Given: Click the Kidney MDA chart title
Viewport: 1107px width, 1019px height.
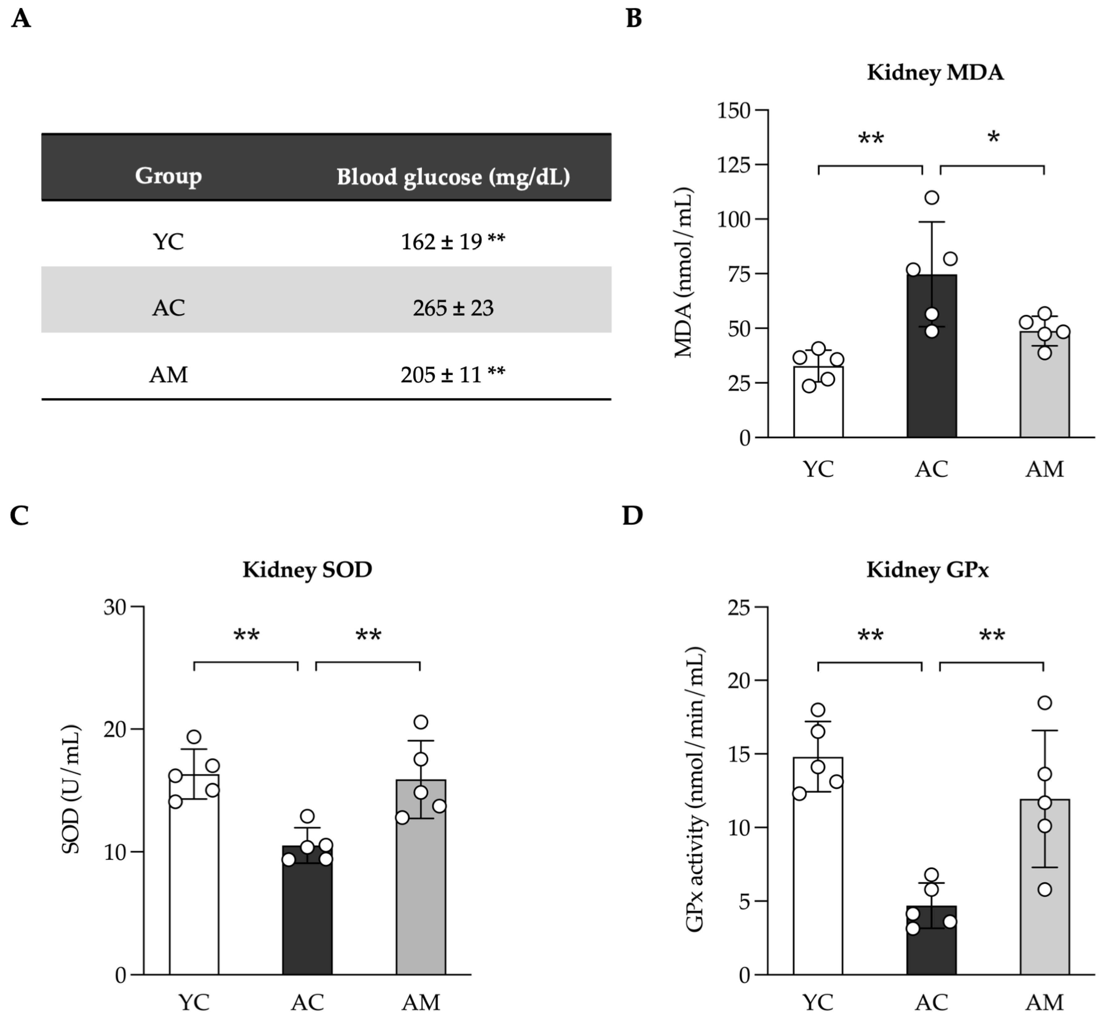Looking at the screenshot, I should click(935, 73).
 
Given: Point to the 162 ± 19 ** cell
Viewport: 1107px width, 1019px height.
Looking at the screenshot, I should click(452, 242).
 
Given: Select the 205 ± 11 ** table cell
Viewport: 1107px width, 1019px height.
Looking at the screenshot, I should click(452, 375).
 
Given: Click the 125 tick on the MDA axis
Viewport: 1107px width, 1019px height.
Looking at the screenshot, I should click(734, 165).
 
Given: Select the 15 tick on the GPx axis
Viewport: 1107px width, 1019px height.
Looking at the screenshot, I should click(739, 754).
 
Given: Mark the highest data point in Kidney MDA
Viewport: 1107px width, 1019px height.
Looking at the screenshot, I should click(932, 197).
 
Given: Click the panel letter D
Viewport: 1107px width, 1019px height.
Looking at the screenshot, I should click(632, 515).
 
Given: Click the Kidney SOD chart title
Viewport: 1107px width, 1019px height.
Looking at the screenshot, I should click(307, 570).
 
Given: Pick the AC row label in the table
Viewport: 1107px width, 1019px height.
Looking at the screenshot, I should click(168, 308).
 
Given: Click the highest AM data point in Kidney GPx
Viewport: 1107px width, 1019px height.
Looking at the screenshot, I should click(1044, 703).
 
